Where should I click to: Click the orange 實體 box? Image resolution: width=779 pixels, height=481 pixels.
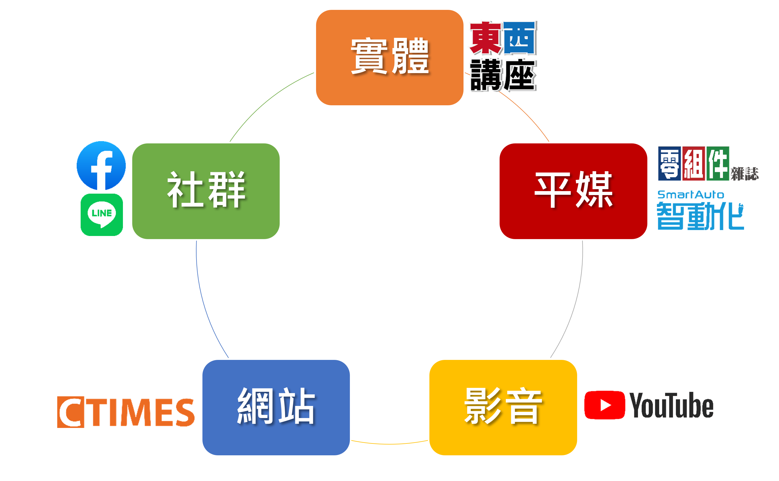[x=390, y=57]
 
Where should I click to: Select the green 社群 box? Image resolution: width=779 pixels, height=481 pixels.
[x=206, y=191]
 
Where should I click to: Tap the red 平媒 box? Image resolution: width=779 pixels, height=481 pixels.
[x=573, y=191]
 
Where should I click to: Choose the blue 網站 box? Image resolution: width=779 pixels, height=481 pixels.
[x=276, y=407]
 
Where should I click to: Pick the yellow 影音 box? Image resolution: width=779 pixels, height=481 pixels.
[x=503, y=407]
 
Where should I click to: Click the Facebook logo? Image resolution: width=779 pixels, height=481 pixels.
[x=101, y=165]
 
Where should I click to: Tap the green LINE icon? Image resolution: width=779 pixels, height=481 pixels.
[x=102, y=215]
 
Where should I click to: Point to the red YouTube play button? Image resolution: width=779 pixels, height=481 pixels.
[x=604, y=405]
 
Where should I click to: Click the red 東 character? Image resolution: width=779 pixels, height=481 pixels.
[x=485, y=38]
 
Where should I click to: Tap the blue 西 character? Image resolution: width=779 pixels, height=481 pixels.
[x=520, y=38]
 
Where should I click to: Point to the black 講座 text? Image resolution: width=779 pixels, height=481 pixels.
[x=503, y=75]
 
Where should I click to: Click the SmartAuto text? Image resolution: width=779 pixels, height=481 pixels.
[x=690, y=194]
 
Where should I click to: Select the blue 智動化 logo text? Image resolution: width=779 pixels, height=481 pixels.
[x=700, y=216]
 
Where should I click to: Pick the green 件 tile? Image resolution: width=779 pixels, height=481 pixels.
[x=718, y=163]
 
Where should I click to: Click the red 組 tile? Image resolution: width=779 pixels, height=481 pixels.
[x=694, y=163]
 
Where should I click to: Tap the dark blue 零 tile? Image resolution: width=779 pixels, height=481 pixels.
[x=669, y=163]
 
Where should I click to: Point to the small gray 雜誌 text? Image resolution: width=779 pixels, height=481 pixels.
[x=744, y=174]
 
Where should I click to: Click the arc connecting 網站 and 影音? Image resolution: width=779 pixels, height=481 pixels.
[x=390, y=444]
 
